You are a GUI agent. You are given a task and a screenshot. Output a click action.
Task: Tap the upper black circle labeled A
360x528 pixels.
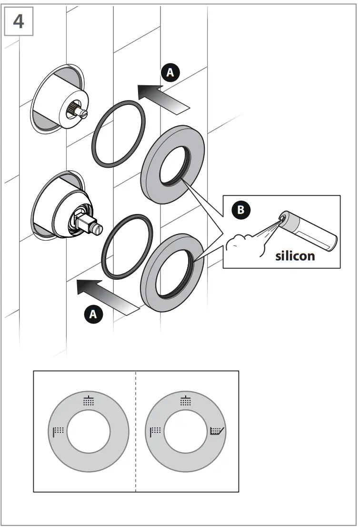point(171,72)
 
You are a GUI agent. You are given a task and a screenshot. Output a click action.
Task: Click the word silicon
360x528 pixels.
point(295,256)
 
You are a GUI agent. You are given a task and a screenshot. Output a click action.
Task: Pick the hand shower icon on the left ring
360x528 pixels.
point(58,431)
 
